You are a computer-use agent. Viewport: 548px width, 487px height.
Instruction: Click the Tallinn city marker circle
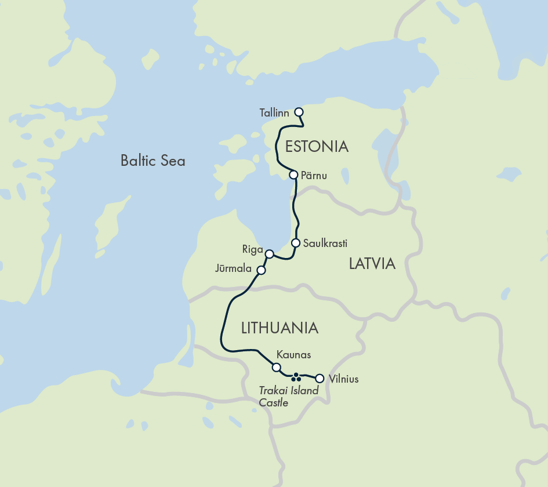coord(299,112)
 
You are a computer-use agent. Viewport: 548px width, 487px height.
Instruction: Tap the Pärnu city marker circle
coord(293,175)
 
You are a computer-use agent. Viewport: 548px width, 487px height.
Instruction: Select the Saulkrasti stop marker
coord(295,243)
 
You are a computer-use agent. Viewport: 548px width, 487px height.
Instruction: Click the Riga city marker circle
coord(269,253)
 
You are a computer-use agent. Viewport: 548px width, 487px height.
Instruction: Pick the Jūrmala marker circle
coord(261,270)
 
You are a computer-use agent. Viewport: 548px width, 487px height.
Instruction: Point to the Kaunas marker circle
coord(277,367)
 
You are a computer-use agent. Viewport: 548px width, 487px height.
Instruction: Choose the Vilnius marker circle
coord(319,379)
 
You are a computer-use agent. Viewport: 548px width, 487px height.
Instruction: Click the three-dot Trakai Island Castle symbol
coord(296,377)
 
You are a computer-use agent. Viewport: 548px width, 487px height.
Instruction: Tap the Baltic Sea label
coord(153,161)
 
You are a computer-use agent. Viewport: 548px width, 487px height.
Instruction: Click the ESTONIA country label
coord(317,147)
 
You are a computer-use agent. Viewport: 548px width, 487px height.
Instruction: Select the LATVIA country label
coord(372,264)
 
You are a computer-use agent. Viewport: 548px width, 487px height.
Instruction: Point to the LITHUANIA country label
coord(280,328)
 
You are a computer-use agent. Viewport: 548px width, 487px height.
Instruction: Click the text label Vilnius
coord(343,380)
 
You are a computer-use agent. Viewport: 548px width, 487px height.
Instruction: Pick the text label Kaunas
coord(293,354)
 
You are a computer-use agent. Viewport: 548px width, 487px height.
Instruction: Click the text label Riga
coord(253,250)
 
